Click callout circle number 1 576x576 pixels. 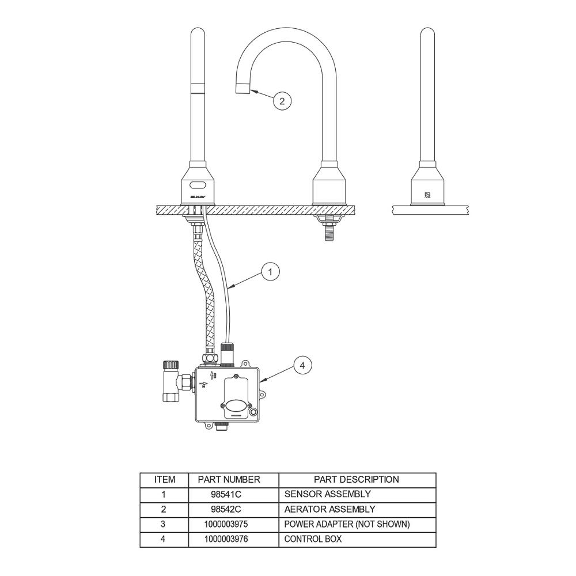pos(270,272)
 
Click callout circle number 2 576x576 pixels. pos(282,101)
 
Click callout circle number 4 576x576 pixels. pos(302,366)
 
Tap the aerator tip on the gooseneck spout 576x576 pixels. pos(242,89)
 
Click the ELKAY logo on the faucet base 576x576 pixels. pos(198,197)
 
